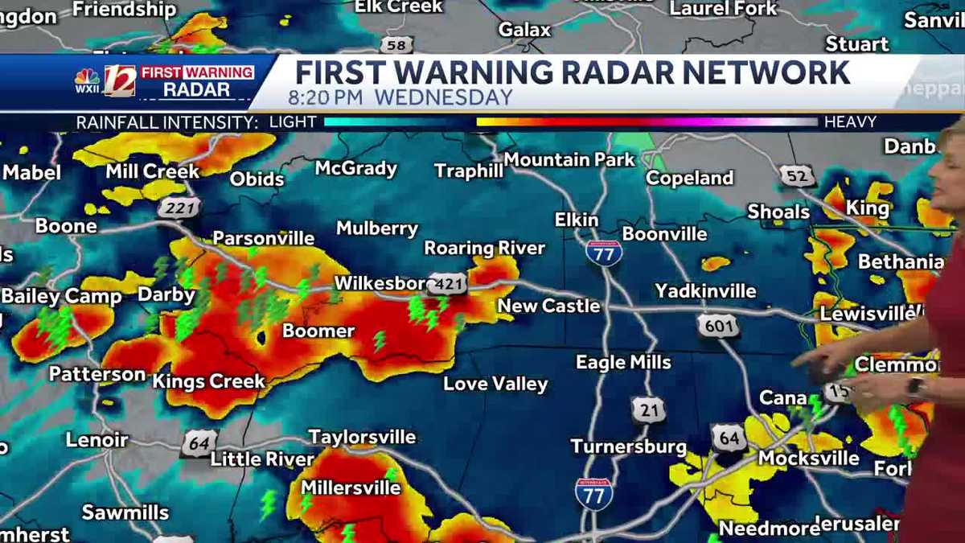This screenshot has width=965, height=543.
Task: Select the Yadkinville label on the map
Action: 705,290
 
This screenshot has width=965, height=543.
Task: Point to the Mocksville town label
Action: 809,459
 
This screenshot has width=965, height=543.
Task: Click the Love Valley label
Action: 495,384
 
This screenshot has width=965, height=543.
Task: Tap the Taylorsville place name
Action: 362,437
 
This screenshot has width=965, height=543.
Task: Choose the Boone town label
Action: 66,226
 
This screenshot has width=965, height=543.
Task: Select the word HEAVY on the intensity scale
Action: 850,122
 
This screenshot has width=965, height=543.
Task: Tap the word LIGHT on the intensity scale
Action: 293,122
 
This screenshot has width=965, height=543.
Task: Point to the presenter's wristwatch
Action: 914,387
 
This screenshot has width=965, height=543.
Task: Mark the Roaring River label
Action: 484,248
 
